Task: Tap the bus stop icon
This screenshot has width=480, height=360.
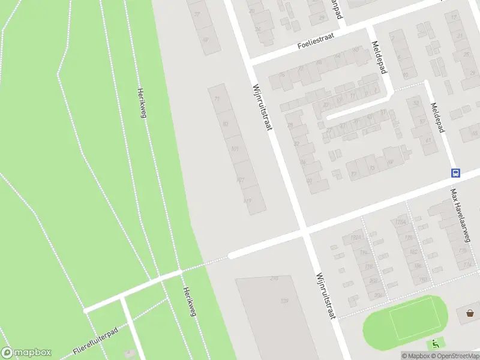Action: pyautogui.click(x=455, y=173)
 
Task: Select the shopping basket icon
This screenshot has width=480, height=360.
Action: pyautogui.click(x=470, y=313)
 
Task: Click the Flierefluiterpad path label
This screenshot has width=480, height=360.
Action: pyautogui.click(x=95, y=341)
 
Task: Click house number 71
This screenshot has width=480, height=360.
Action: pyautogui.click(x=217, y=100)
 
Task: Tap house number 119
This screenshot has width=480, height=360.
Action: pyautogui.click(x=248, y=200)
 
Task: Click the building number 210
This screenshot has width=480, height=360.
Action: pyautogui.click(x=274, y=279)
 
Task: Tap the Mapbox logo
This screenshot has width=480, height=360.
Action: pyautogui.click(x=26, y=353)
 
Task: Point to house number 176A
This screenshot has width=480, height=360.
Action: pyautogui.click(x=400, y=223)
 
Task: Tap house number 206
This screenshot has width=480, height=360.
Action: pyautogui.click(x=377, y=295)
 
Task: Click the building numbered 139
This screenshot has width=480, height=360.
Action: pyautogui.click(x=283, y=301)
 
